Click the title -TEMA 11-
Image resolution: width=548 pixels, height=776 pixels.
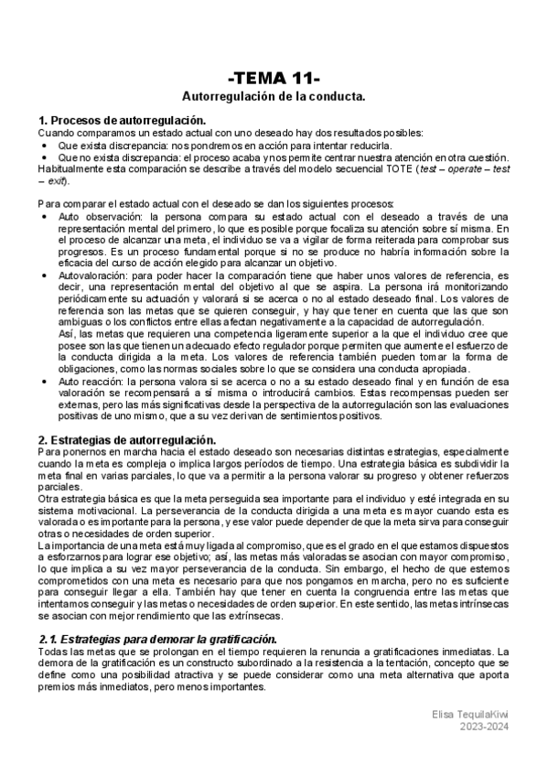pos(273,77)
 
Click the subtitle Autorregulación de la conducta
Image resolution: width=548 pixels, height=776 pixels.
pos(274,96)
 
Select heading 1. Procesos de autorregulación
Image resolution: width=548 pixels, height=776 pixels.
pos(121,121)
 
